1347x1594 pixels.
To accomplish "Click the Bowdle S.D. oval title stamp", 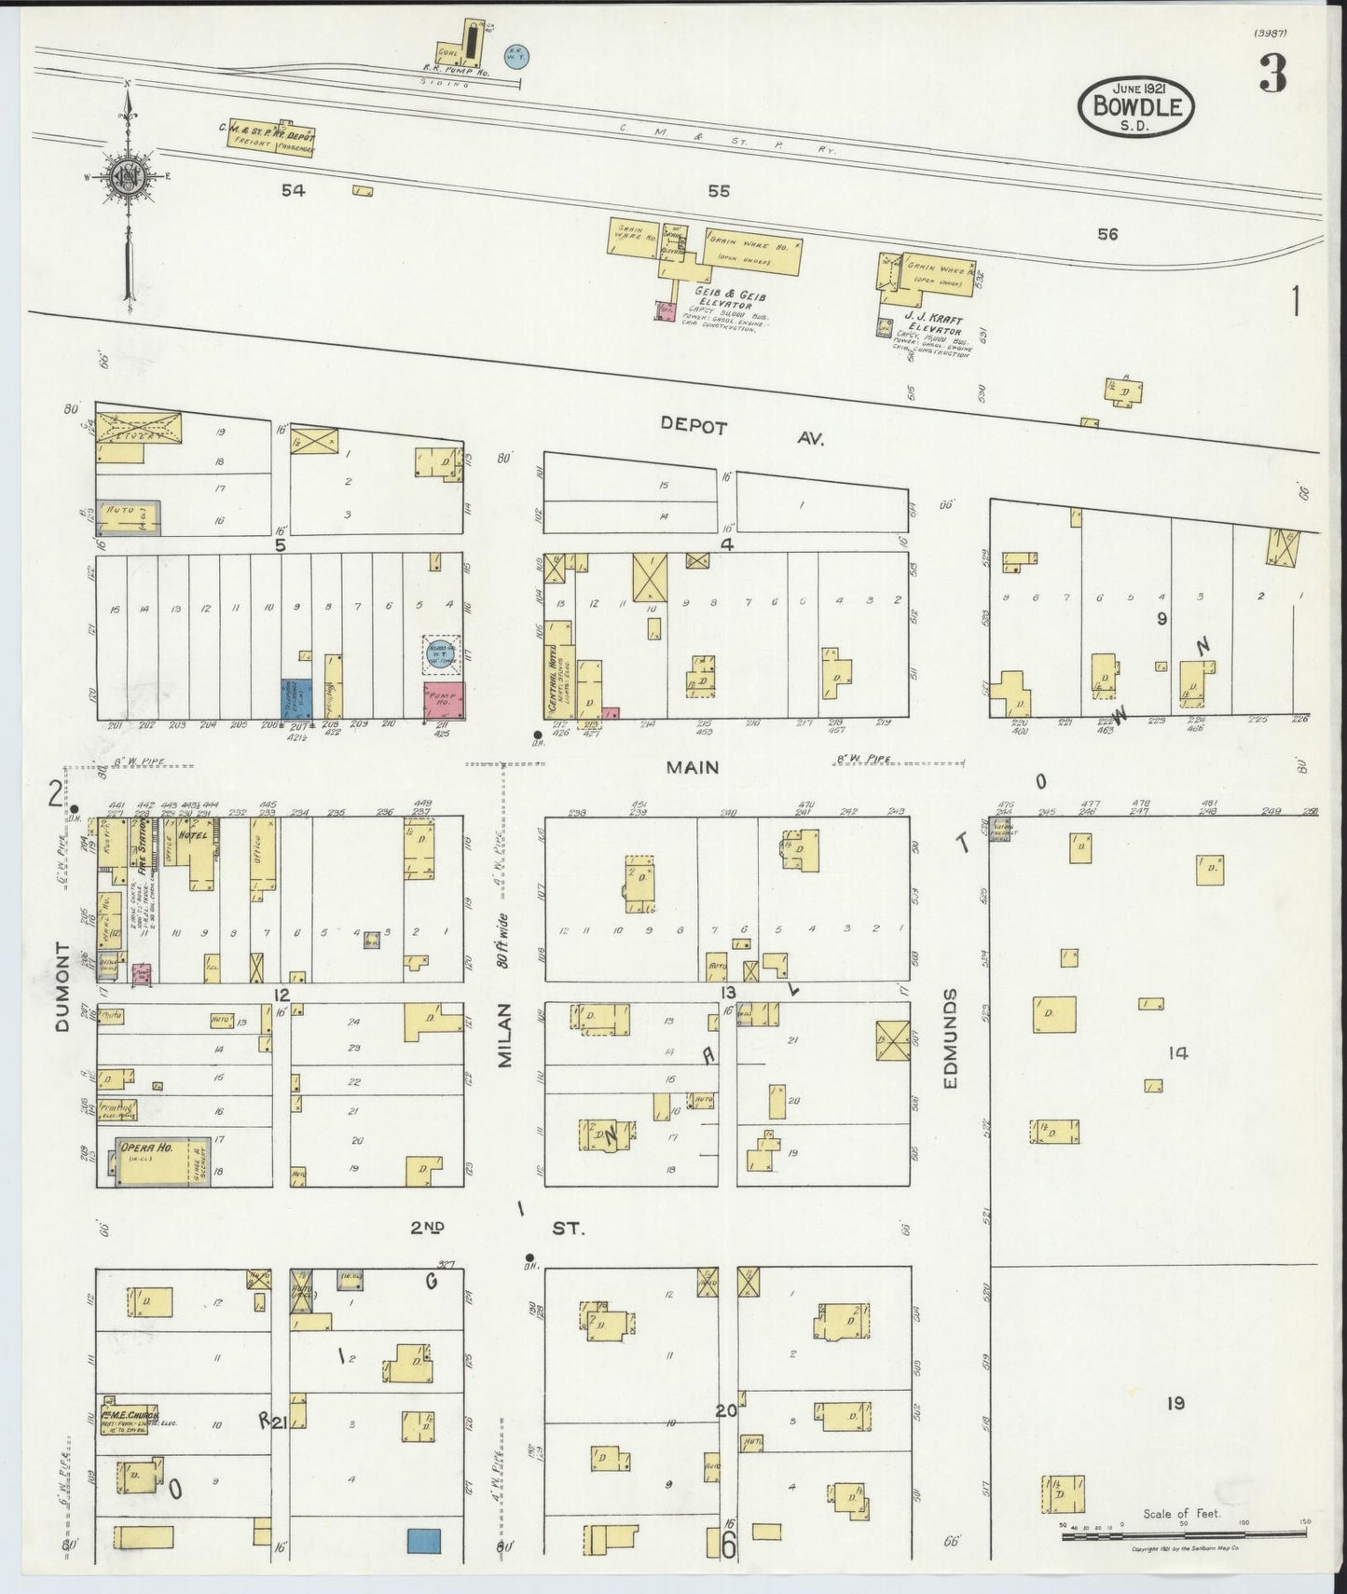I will (1134, 108).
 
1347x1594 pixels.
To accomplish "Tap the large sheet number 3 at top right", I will (1272, 74).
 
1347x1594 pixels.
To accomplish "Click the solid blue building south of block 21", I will (424, 1540).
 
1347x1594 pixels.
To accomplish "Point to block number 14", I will (1178, 1053).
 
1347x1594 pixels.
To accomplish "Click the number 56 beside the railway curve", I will (1106, 235).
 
